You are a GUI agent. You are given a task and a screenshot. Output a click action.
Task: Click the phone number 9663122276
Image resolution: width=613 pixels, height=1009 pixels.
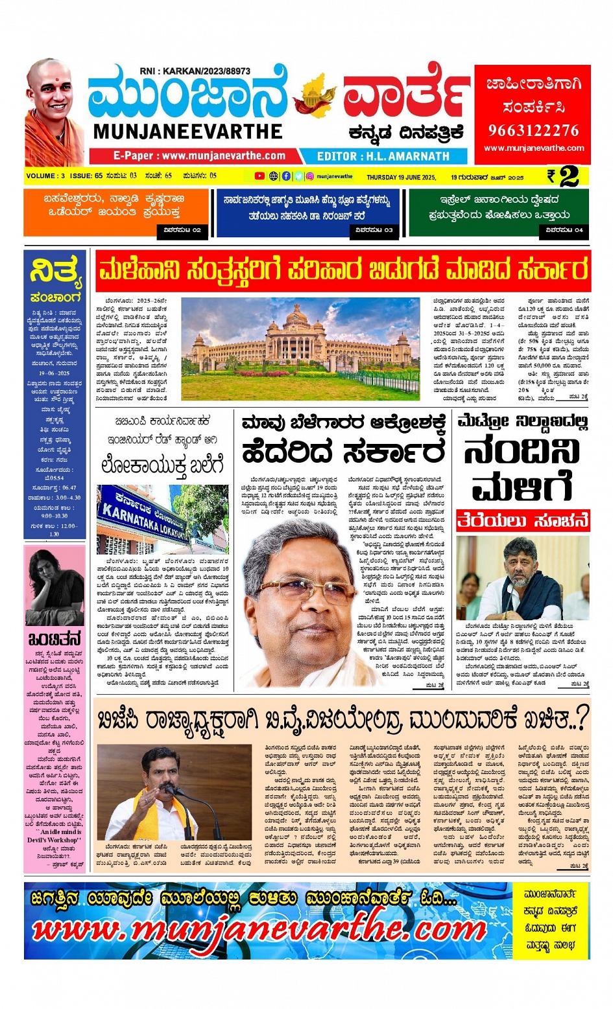(x=533, y=130)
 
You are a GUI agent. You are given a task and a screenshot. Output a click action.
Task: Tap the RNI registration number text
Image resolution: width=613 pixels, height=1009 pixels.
(x=195, y=71)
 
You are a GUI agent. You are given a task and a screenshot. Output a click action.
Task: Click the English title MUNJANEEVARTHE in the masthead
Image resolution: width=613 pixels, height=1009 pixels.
(x=188, y=132)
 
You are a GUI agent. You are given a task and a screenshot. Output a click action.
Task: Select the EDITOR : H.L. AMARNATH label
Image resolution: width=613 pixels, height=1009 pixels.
(x=383, y=156)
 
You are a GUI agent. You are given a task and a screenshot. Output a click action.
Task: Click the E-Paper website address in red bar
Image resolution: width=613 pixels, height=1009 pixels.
(x=199, y=156)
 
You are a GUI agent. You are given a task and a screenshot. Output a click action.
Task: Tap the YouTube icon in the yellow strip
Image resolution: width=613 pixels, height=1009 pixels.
(x=259, y=176)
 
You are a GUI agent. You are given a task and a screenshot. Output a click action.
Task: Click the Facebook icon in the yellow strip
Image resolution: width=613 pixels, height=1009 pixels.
(x=286, y=176)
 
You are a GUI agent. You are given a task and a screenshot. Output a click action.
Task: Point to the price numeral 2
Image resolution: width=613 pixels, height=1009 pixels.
(x=569, y=176)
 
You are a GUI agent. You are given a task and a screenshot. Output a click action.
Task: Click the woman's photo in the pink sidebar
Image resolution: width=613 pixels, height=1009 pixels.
(x=54, y=586)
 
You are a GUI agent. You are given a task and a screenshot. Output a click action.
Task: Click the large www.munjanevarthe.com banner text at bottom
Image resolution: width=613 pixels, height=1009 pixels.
(x=259, y=931)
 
